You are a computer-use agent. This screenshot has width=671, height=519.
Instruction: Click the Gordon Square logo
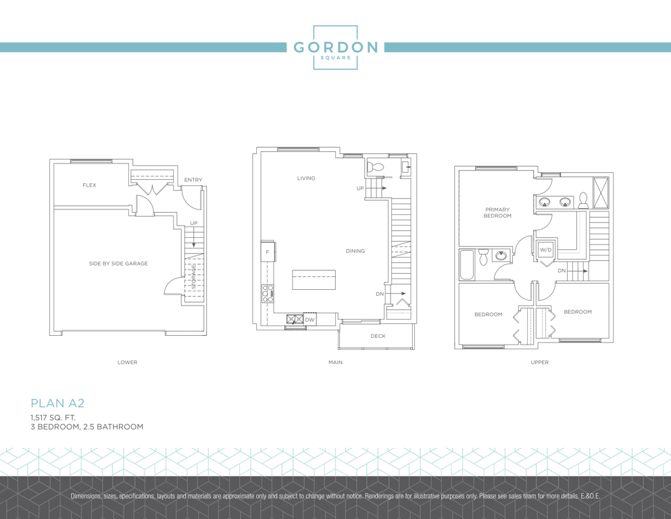pos(335,47)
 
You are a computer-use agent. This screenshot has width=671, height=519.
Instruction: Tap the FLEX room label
pos(89,185)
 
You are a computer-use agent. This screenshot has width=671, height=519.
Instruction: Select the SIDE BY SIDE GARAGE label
pos(118,264)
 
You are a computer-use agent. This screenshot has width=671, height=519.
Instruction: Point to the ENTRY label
pos(193,180)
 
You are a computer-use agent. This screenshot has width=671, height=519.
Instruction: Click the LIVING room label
pos(306,178)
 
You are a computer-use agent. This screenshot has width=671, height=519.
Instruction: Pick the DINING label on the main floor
pos(355,251)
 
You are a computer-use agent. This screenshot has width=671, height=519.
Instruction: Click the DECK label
pos(378,336)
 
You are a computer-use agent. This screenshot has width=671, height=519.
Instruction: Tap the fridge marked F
pos(268,251)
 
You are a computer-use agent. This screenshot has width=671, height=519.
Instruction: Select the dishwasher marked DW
pos(310,320)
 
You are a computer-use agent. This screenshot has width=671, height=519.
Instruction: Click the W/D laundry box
pos(545,250)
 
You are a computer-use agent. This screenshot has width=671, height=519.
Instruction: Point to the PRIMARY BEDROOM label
pos(497,213)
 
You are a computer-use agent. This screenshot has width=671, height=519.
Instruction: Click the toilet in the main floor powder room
pos(376,167)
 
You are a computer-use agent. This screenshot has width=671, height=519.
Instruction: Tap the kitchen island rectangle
pos(314,280)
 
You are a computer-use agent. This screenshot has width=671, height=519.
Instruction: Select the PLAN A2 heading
pos(57,403)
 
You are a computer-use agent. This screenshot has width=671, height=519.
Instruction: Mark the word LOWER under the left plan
pos(128,362)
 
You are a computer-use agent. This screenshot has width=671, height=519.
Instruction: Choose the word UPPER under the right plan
pos(540,362)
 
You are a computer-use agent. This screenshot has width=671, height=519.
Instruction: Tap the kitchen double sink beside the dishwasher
pos(295,319)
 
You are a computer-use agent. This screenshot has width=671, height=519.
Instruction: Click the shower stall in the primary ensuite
pos(601,193)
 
